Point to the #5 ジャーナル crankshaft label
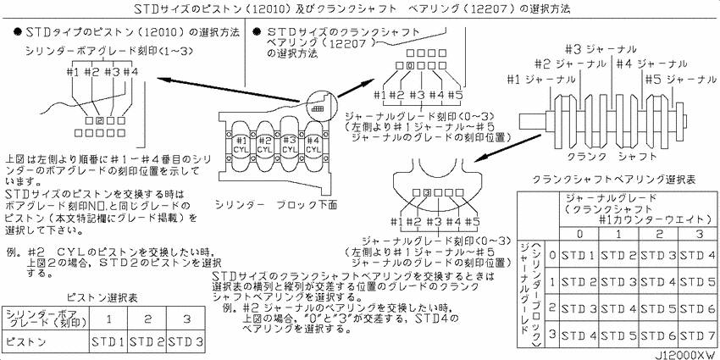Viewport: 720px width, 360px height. (679, 79)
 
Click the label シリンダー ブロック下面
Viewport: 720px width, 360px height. (277, 204)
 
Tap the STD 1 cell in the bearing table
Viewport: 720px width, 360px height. (579, 253)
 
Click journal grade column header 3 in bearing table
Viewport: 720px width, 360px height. (697, 232)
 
